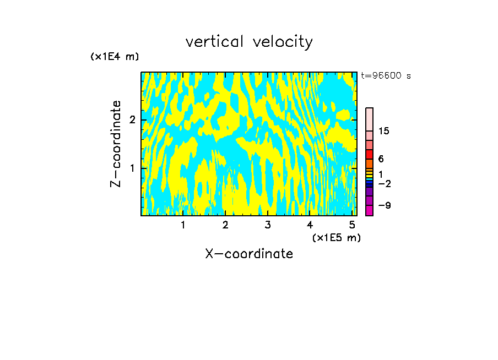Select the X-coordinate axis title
[x=249, y=254]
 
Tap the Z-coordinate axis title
[x=116, y=144]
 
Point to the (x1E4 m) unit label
[x=115, y=57]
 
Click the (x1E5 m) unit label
[x=336, y=237]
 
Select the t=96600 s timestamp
[x=386, y=76]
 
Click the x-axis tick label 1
[x=183, y=225]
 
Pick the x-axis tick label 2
[x=225, y=225]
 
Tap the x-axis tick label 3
[x=267, y=225]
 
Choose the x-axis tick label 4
[x=310, y=225]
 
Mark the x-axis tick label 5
[x=351, y=225]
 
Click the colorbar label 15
[x=384, y=131]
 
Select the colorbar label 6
[x=381, y=159]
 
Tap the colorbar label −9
[x=385, y=205]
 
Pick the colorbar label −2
[x=385, y=183]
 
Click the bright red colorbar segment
[x=369, y=154]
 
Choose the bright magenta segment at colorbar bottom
[x=369, y=210]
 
